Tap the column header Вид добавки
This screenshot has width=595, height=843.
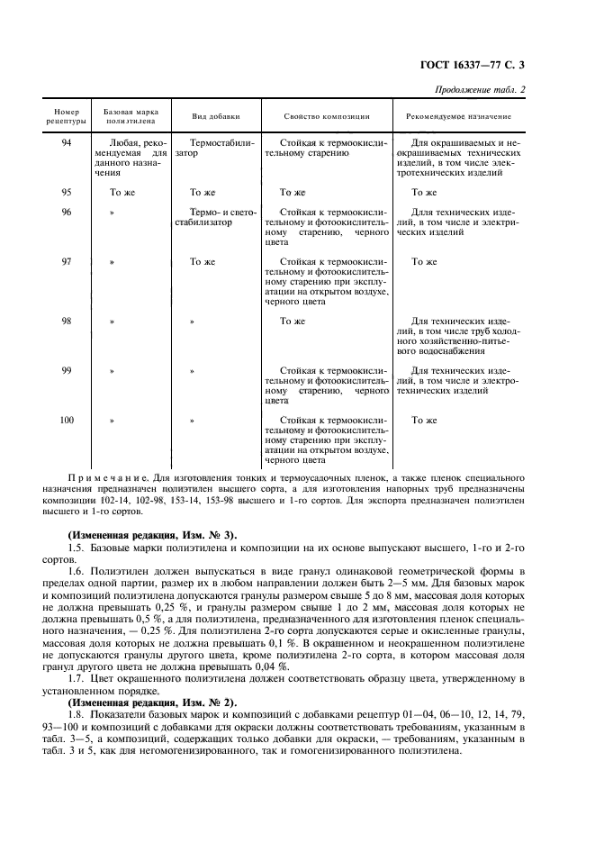pos(214,117)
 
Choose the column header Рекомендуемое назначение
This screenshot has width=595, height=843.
pos(458,117)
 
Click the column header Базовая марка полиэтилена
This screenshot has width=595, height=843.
pos(131,116)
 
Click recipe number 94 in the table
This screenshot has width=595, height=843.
pos(67,142)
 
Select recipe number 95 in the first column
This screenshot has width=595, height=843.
pos(67,192)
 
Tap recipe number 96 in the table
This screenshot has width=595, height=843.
pos(67,212)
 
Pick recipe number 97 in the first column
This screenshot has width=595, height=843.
pos(67,262)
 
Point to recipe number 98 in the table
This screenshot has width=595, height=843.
pos(67,321)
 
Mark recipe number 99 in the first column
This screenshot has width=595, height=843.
pos(67,370)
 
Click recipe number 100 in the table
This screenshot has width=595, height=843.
pos(67,420)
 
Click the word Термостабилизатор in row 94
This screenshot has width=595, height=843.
pos(215,148)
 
